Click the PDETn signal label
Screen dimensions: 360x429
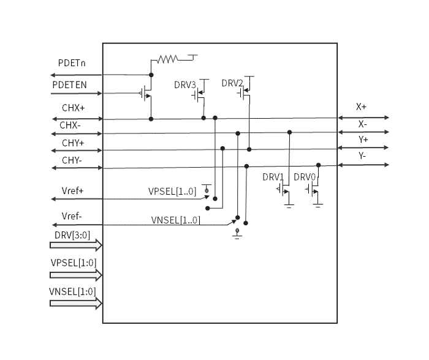coord(72,64)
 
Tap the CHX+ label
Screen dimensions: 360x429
coord(73,108)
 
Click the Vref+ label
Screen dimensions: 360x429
coord(72,190)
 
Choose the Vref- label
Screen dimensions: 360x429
coord(72,216)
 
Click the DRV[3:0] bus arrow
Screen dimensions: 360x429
coord(76,246)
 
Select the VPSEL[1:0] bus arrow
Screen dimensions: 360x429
coord(76,274)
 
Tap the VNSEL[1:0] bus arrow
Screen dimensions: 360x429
coord(76,302)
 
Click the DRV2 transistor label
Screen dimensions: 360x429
coord(232,83)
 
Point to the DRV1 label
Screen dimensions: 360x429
coord(273,177)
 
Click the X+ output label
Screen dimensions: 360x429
coord(361,107)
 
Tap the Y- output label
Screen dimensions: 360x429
coord(362,156)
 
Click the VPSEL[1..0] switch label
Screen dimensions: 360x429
coord(172,191)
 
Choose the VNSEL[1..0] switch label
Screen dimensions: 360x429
coord(175,220)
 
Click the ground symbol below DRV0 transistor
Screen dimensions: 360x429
coord(317,205)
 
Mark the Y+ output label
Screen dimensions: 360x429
coord(362,139)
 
